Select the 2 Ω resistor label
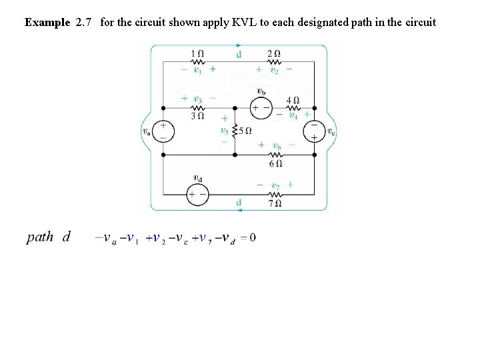pos(273,53)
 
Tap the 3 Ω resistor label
pos(197,116)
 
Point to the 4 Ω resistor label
pos(292,101)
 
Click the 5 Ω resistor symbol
pos(235,131)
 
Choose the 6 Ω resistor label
pos(277,163)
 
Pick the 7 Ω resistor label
pos(275,203)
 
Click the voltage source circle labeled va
pos(163,131)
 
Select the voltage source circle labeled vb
pos(260,107)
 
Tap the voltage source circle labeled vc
pos(314,131)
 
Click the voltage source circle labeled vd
pos(197,194)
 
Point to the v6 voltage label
pos(277,145)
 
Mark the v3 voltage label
pos(197,99)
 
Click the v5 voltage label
pos(225,130)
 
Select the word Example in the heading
pos(47,22)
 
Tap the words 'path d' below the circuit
pos(49,237)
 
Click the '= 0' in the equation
pos(248,238)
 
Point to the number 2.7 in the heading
pos(85,22)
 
